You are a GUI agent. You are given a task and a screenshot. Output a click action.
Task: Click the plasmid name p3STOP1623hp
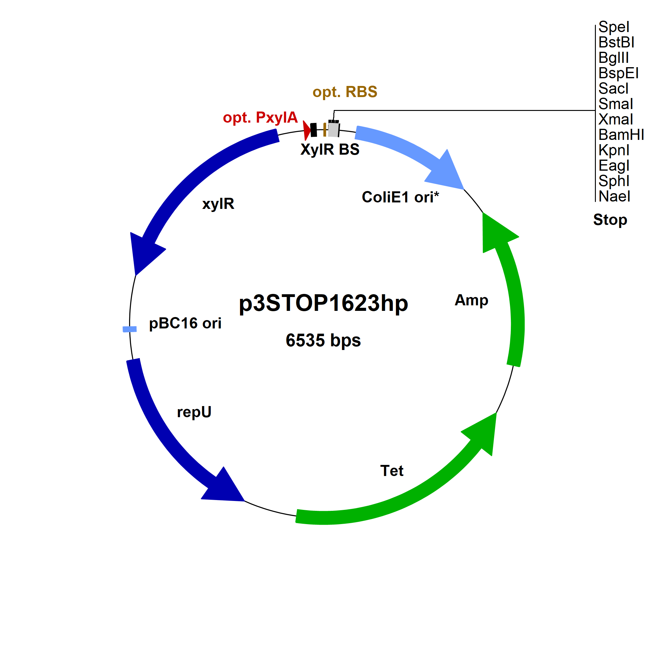pos(323,303)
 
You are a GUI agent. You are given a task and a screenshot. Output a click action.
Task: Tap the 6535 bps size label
pos(323,340)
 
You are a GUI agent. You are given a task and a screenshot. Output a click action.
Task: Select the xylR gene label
pos(218,204)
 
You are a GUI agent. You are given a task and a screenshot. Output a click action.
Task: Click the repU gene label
pos(194,412)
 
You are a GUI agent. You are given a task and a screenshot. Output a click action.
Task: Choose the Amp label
pos(471,300)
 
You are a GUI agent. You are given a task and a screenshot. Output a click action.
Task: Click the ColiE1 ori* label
pos(400,197)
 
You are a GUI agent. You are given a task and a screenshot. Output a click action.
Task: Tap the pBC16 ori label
pos(185,323)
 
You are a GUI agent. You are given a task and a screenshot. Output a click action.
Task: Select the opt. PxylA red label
pos(260,117)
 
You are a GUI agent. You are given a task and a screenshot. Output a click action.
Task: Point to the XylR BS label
pos(330,149)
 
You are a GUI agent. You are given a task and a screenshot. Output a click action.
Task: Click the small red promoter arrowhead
pos(307,130)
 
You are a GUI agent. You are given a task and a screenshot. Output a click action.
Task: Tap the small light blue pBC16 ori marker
pos(130,329)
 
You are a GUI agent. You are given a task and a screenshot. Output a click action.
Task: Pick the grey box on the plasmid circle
pos(333,130)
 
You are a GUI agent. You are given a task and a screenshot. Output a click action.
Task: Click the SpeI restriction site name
pos(614,27)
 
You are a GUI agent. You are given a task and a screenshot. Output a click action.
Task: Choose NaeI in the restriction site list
pos(614,196)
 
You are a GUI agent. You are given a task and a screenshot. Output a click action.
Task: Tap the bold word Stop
pos(610,220)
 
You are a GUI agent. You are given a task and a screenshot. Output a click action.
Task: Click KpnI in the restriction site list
pos(614,150)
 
